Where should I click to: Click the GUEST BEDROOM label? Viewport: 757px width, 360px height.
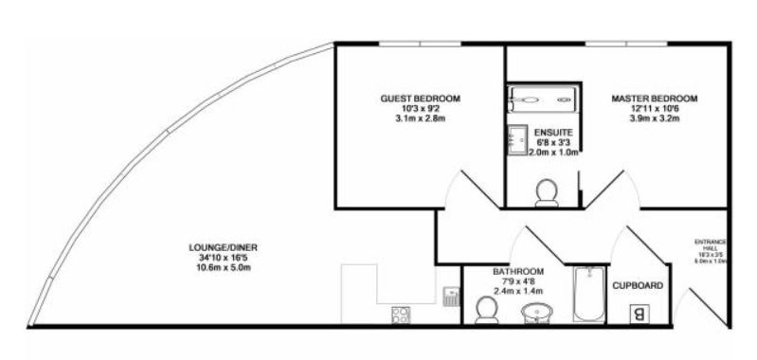(420, 99)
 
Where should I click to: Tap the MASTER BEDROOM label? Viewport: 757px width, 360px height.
(654, 99)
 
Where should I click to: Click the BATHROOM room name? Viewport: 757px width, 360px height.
(518, 271)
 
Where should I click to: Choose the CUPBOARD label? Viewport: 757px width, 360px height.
(637, 285)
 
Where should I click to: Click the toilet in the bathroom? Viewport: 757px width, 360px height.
(485, 309)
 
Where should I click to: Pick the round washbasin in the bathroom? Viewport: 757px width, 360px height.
(537, 314)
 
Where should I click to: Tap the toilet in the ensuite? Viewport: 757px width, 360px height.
(547, 192)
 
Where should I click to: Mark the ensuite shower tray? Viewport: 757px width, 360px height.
(539, 98)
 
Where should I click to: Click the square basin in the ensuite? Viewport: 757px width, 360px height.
(518, 139)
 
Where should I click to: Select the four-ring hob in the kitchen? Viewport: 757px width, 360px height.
(399, 315)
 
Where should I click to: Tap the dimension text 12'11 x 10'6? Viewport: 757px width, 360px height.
(654, 109)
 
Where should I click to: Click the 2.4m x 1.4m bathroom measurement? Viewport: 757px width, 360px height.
(518, 290)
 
